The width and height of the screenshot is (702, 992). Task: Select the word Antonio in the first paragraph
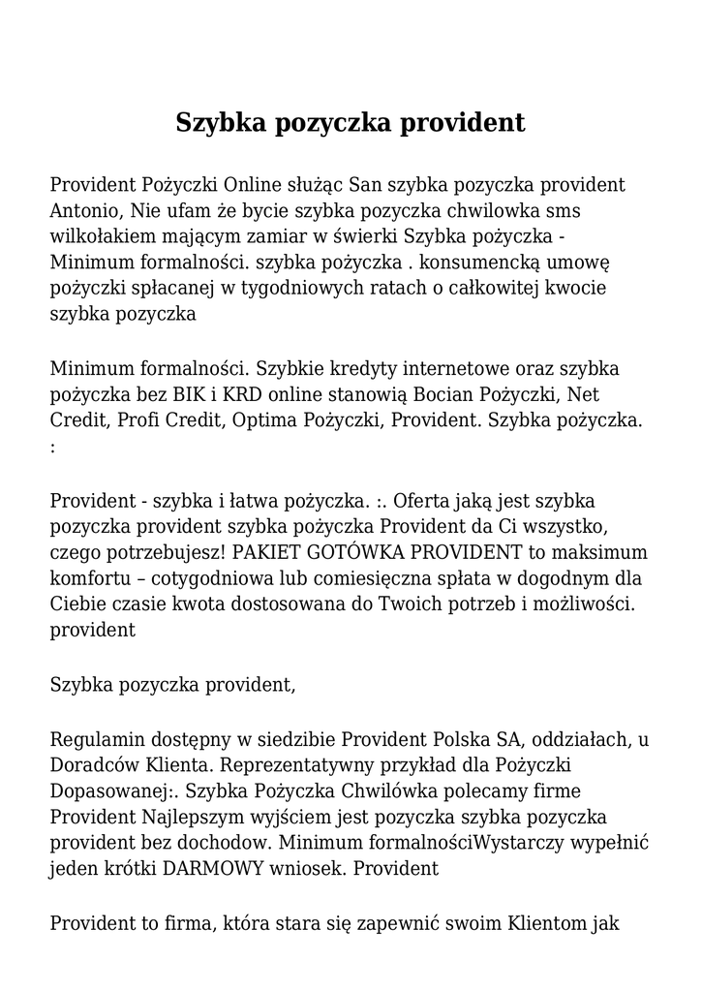[83, 210]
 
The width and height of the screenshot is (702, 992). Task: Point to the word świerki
[366, 236]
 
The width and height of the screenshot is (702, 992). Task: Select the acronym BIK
[193, 395]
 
